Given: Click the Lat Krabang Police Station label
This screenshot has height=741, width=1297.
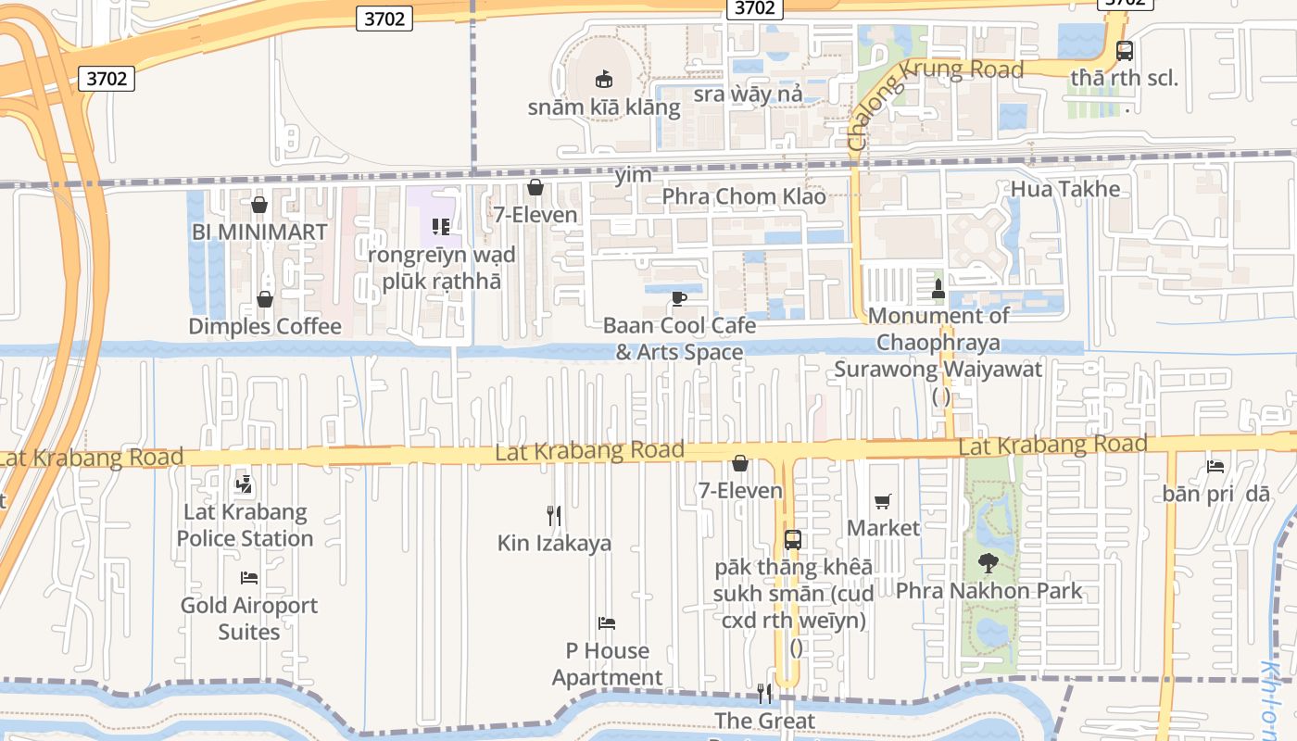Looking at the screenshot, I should click(x=245, y=525).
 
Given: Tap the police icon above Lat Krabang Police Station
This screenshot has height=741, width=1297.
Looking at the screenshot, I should click(x=244, y=483).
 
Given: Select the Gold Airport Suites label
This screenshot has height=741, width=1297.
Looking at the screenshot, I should click(x=248, y=619).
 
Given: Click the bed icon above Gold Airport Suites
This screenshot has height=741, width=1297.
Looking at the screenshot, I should click(x=248, y=578).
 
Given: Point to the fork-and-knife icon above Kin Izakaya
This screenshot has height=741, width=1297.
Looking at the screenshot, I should click(x=554, y=515).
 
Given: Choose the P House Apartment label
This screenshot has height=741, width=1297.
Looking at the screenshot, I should click(x=608, y=664).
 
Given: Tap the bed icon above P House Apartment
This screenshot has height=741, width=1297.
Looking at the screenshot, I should click(x=607, y=623).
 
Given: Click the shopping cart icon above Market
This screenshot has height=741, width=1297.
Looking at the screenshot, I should click(x=883, y=501).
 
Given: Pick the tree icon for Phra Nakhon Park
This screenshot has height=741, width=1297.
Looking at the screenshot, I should click(x=988, y=562).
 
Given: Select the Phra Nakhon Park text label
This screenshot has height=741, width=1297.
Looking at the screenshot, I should click(x=988, y=591).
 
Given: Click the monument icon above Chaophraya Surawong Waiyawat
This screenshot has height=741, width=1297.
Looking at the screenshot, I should click(x=938, y=288).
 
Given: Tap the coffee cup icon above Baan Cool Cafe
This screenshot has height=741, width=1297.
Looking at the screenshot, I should click(x=678, y=298).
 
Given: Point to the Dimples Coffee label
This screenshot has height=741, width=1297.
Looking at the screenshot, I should click(x=265, y=326).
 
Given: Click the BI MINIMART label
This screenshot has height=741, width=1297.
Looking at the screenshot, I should click(x=259, y=232).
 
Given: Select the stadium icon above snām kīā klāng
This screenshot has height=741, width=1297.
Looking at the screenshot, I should click(x=604, y=80).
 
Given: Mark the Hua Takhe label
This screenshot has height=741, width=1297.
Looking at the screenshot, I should click(x=1065, y=190).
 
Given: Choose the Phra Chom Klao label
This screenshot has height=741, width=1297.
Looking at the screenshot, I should click(x=744, y=196).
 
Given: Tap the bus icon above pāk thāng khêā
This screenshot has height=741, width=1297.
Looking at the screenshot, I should click(x=793, y=539).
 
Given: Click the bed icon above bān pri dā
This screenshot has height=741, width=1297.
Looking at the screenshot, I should click(x=1215, y=466).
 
